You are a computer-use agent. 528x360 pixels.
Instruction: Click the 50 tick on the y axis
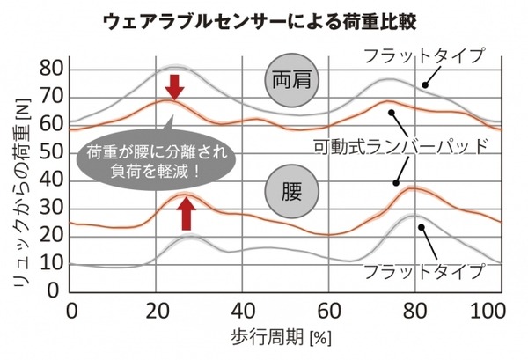(x=53, y=152)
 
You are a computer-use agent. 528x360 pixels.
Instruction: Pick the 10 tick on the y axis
(x=53, y=263)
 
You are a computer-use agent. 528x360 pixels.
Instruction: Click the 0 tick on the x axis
(x=71, y=311)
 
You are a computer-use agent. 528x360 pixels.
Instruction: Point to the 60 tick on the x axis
(x=328, y=311)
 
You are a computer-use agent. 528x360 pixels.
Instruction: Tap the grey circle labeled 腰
(x=291, y=189)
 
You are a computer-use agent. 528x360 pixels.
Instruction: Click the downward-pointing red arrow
(x=175, y=87)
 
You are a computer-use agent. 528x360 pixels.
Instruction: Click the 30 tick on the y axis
(x=53, y=208)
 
